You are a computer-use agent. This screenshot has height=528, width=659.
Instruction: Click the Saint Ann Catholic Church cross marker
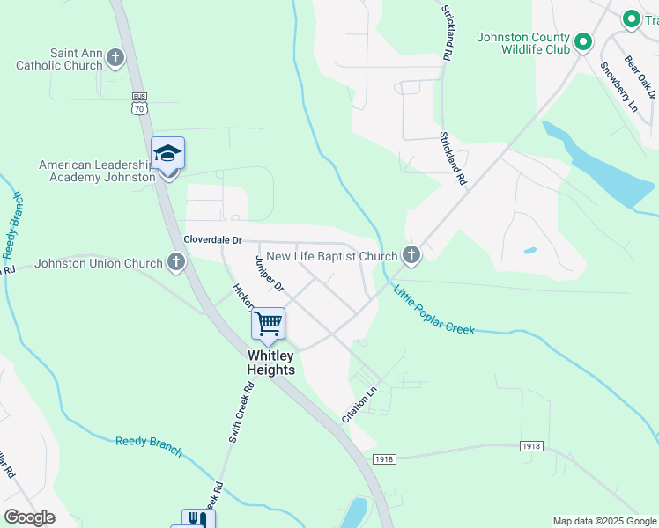[115, 59]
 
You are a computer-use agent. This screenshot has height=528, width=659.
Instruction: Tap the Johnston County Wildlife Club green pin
[582, 41]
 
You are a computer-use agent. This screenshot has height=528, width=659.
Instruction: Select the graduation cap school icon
[167, 155]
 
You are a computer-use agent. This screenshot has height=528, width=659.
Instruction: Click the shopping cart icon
[268, 324]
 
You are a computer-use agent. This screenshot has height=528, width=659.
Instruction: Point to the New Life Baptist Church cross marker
[410, 256]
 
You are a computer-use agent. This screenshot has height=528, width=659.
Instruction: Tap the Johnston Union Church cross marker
[176, 262]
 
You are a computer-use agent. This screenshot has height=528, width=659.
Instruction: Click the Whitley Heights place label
[270, 363]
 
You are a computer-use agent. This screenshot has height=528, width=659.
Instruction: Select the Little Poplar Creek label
[433, 311]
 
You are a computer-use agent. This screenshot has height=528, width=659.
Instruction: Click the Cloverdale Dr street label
[211, 239]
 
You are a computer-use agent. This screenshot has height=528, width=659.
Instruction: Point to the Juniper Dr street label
[270, 275]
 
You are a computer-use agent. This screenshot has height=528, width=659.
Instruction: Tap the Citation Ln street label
[359, 403]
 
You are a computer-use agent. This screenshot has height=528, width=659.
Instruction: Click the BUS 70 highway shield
[138, 103]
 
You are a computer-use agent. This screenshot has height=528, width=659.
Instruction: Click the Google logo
[29, 517]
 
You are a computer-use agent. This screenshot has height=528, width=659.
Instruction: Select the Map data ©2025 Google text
[603, 521]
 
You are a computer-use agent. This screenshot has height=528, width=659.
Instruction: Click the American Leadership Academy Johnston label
[97, 171]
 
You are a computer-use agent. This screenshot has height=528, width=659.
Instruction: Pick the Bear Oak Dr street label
[640, 77]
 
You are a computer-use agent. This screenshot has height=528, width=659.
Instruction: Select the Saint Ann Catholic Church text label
[58, 59]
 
